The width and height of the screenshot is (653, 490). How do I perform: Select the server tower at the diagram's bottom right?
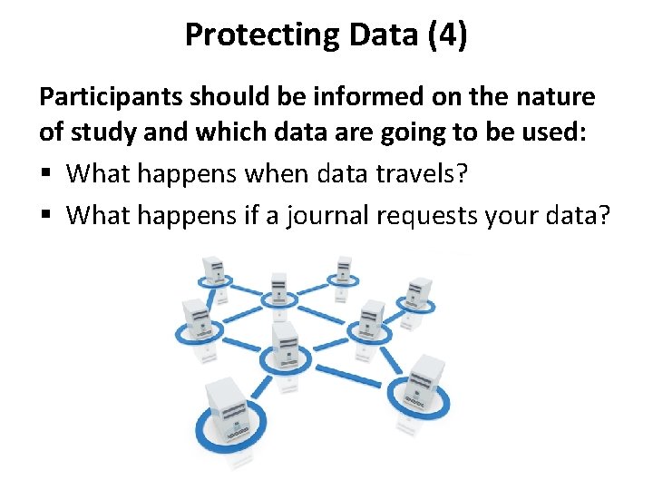425,381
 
